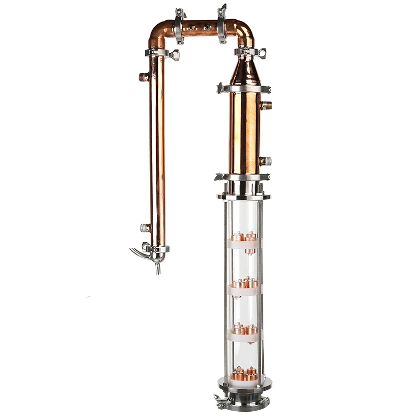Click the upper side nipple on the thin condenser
tap(144, 77)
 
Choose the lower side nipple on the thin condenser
tap(144, 228)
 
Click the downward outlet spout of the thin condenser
tap(156, 269)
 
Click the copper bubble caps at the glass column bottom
tap(243, 375)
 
